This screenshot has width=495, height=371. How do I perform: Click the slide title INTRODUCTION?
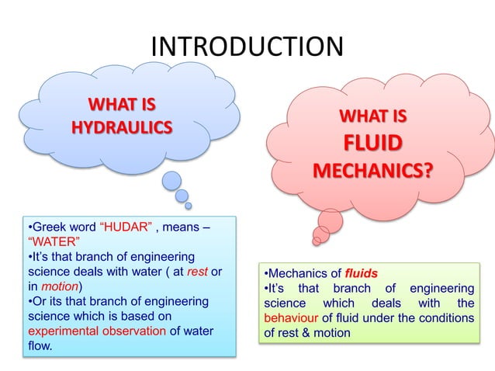tap(247, 46)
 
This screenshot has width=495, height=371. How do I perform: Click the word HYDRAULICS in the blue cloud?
tap(122, 127)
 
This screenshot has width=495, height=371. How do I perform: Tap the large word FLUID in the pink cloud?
tap(373, 145)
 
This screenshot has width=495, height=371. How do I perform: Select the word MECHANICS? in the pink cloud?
tap(373, 169)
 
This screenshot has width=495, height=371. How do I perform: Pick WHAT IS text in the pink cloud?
tap(373, 118)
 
